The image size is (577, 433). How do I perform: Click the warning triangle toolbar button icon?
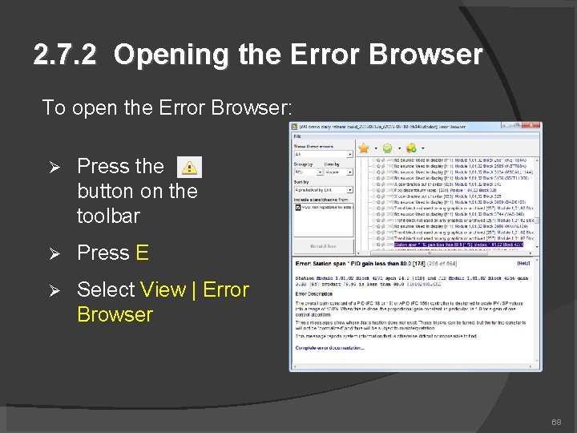[188, 167]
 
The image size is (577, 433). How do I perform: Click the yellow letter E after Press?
[142, 253]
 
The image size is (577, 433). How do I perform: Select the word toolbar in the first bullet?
[108, 216]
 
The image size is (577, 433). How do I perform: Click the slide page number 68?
[556, 422]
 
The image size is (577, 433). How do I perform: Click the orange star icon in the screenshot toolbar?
[385, 148]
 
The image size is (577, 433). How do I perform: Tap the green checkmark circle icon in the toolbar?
[409, 148]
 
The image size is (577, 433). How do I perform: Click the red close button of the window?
[533, 126]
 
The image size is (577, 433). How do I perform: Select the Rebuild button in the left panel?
[323, 246]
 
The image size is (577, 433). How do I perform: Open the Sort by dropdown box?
[323, 188]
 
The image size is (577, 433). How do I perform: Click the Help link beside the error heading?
[523, 262]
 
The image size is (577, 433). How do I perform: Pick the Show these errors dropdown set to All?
[323, 155]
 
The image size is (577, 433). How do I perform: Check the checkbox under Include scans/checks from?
[299, 207]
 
